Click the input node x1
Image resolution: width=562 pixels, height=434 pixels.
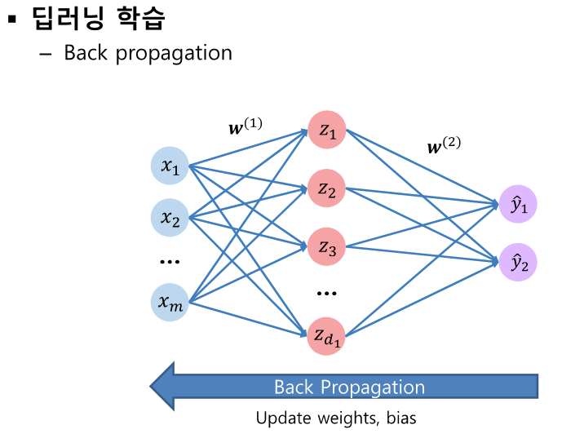(170, 167)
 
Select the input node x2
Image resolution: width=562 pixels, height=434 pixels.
(170, 218)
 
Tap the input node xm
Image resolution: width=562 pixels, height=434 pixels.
(170, 303)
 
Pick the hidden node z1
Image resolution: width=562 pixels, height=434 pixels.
(327, 130)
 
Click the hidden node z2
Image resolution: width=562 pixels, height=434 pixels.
(327, 190)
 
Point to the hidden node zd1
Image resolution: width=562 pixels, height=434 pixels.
(327, 335)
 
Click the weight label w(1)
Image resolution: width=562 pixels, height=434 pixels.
(245, 126)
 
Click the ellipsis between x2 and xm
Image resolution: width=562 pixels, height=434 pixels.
(170, 262)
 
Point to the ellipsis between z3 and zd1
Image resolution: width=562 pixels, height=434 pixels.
(326, 292)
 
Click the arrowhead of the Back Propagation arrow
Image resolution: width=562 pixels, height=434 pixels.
(167, 386)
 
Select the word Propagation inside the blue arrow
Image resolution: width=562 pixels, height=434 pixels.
(377, 387)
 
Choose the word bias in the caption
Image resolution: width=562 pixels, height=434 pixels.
(400, 418)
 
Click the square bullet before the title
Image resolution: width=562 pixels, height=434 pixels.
(11, 17)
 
